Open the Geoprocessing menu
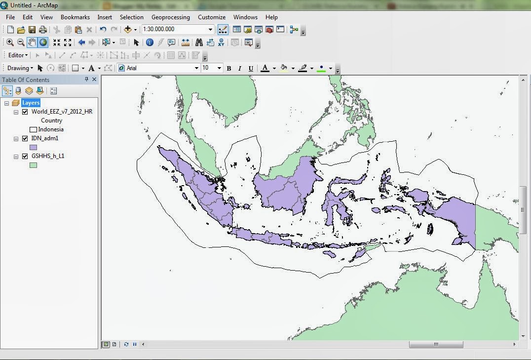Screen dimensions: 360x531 (170, 17)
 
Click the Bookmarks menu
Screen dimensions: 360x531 (75, 17)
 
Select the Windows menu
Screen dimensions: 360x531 (245, 17)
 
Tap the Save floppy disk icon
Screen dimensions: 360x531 (32, 30)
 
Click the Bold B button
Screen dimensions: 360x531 (228, 68)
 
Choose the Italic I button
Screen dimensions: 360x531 (240, 68)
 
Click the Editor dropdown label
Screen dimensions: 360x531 (18, 55)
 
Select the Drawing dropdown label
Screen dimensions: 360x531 (20, 68)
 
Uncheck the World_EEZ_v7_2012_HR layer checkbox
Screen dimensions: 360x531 (25, 112)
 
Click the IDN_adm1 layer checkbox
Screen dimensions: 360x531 (25, 139)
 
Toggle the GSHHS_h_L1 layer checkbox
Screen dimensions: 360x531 (25, 157)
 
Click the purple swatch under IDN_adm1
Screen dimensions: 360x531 (34, 147)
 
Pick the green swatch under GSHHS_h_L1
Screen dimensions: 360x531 (34, 165)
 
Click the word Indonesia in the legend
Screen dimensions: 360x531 (51, 129)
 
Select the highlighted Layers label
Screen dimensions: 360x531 (31, 103)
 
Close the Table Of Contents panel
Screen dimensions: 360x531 (94, 80)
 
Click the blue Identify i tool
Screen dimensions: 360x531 (150, 42)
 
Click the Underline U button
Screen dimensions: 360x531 (251, 68)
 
